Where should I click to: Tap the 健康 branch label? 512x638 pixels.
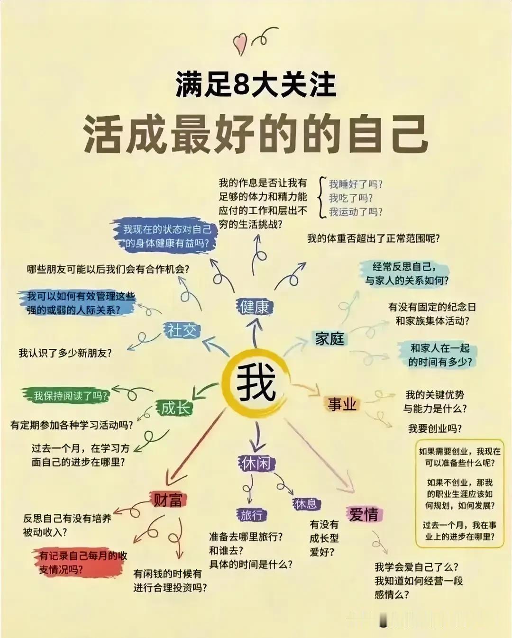pos(255,307)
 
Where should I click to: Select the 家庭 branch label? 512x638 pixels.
pos(329,338)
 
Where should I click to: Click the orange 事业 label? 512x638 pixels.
pos(342,404)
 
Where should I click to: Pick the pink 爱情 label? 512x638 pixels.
pos(364,514)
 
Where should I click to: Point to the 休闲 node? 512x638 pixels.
pos(256,463)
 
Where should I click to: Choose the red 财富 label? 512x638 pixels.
pos(168,500)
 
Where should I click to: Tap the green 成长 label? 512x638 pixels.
pos(175,408)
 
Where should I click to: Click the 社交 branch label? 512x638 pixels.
pos(181,330)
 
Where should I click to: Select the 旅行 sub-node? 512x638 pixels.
pos(251,515)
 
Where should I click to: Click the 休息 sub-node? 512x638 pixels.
pos(306,504)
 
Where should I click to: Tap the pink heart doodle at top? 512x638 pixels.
pos(240,44)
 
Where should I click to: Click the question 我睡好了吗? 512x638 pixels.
pos(356,184)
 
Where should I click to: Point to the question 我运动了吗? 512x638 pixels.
pos(356,212)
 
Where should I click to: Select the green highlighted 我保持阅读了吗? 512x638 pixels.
pos(70,395)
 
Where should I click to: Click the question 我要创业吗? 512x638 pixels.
pos(435,428)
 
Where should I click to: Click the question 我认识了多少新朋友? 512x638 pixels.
pos(65,353)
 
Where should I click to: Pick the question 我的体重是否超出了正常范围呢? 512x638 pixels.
pos(373,238)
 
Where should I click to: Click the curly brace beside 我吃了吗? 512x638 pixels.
pos(322,198)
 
